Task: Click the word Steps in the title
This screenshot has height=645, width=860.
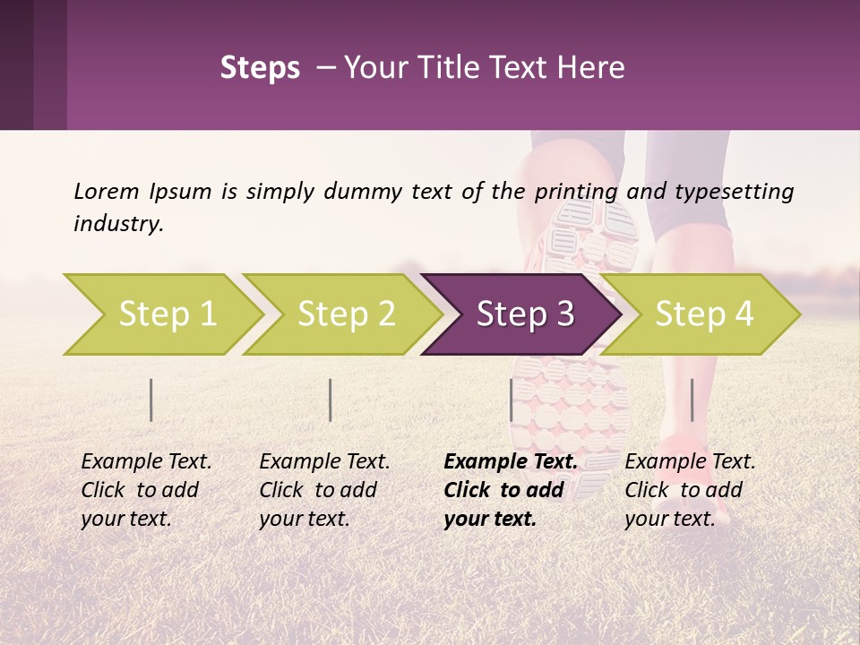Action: pyautogui.click(x=260, y=68)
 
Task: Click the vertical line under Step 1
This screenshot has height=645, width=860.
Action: pyautogui.click(x=151, y=400)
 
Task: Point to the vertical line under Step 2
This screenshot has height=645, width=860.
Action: pyautogui.click(x=331, y=400)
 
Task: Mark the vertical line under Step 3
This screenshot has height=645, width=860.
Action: pyautogui.click(x=512, y=400)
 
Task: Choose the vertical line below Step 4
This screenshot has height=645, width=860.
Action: pyautogui.click(x=692, y=400)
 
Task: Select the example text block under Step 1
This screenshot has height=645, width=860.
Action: pyautogui.click(x=146, y=490)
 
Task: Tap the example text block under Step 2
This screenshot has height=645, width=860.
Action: pyautogui.click(x=324, y=490)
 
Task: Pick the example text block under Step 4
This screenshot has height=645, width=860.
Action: pyautogui.click(x=690, y=490)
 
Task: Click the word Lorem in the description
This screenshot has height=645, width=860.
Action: pyautogui.click(x=107, y=192)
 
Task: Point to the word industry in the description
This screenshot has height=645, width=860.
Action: pyautogui.click(x=117, y=224)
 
